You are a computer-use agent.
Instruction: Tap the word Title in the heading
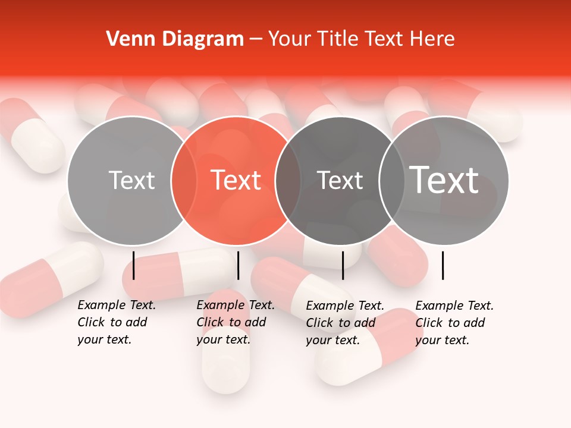click(x=338, y=39)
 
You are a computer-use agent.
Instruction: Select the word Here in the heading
click(x=432, y=39)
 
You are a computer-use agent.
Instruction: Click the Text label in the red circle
click(x=236, y=180)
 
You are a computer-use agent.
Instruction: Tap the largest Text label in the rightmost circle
click(x=444, y=180)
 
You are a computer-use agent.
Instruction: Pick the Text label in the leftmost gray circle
click(x=131, y=180)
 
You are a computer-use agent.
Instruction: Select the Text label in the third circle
click(x=340, y=180)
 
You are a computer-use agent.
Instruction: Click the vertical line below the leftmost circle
click(x=134, y=265)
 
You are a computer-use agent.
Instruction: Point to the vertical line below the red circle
click(x=238, y=265)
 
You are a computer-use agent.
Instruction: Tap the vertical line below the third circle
click(x=343, y=265)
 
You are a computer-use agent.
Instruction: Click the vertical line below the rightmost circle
click(x=443, y=265)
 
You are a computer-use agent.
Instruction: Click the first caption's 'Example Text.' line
click(x=117, y=305)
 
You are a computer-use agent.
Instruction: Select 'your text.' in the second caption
click(x=223, y=339)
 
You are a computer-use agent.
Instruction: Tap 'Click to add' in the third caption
click(x=340, y=323)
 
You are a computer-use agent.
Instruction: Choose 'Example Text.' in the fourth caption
click(x=454, y=306)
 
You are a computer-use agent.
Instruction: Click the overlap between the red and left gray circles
click(x=184, y=180)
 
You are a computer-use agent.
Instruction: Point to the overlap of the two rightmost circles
click(x=392, y=180)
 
